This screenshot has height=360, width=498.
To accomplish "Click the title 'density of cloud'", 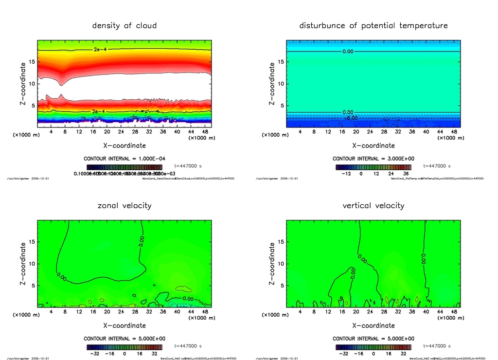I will (x=124, y=25).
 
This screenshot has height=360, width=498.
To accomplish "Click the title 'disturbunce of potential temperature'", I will (x=373, y=25).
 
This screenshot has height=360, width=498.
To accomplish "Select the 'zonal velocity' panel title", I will (x=124, y=205).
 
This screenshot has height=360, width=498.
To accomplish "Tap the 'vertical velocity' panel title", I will (x=373, y=205).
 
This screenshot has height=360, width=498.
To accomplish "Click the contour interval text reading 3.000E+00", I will (x=373, y=159).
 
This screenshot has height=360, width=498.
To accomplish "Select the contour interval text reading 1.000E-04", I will (x=124, y=159).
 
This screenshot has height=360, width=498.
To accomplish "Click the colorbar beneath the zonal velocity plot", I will (x=124, y=347).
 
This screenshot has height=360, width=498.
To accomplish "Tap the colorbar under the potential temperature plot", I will (x=373, y=167).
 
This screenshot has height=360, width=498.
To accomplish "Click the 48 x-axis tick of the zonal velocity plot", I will (x=206, y=312).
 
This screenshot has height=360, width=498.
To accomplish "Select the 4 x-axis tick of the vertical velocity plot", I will (x=300, y=312).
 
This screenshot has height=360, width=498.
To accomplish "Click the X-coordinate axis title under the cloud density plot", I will (x=124, y=145).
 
